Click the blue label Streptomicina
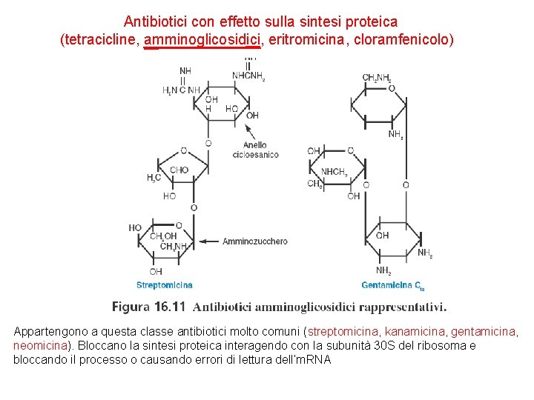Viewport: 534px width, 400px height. [165, 284]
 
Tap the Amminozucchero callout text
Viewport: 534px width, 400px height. [254, 241]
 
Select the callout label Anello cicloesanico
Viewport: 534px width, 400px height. [255, 150]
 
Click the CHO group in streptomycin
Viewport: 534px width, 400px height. [179, 170]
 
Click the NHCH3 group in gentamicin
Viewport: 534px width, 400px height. [334, 172]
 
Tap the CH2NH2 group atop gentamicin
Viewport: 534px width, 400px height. [377, 78]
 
